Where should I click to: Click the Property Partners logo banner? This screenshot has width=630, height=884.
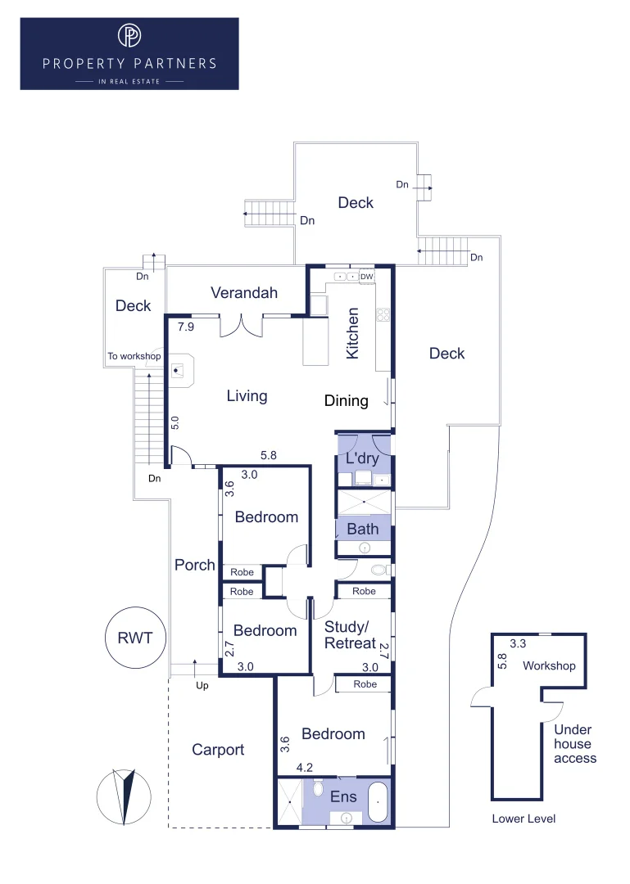(x=129, y=53)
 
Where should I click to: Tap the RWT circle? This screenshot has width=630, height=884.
(x=135, y=638)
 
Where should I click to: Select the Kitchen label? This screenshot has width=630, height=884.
(x=353, y=332)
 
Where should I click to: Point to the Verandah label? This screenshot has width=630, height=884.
(x=244, y=293)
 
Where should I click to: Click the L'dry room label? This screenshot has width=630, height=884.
(x=360, y=459)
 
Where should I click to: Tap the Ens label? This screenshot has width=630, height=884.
(x=343, y=796)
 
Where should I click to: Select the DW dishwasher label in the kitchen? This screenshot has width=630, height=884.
(x=366, y=277)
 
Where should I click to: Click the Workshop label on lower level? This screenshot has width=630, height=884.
(x=549, y=665)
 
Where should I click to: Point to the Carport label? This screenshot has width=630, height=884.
(x=218, y=750)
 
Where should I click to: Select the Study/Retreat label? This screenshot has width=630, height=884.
(x=350, y=635)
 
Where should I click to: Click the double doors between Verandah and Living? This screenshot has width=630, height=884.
(x=242, y=326)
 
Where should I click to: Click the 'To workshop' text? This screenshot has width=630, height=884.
(x=134, y=357)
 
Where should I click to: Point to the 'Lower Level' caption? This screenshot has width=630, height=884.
(x=523, y=819)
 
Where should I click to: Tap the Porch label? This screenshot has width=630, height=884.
(x=195, y=565)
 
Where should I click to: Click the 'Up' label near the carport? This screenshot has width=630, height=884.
(x=202, y=685)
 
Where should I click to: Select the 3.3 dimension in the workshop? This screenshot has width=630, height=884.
(x=518, y=644)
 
